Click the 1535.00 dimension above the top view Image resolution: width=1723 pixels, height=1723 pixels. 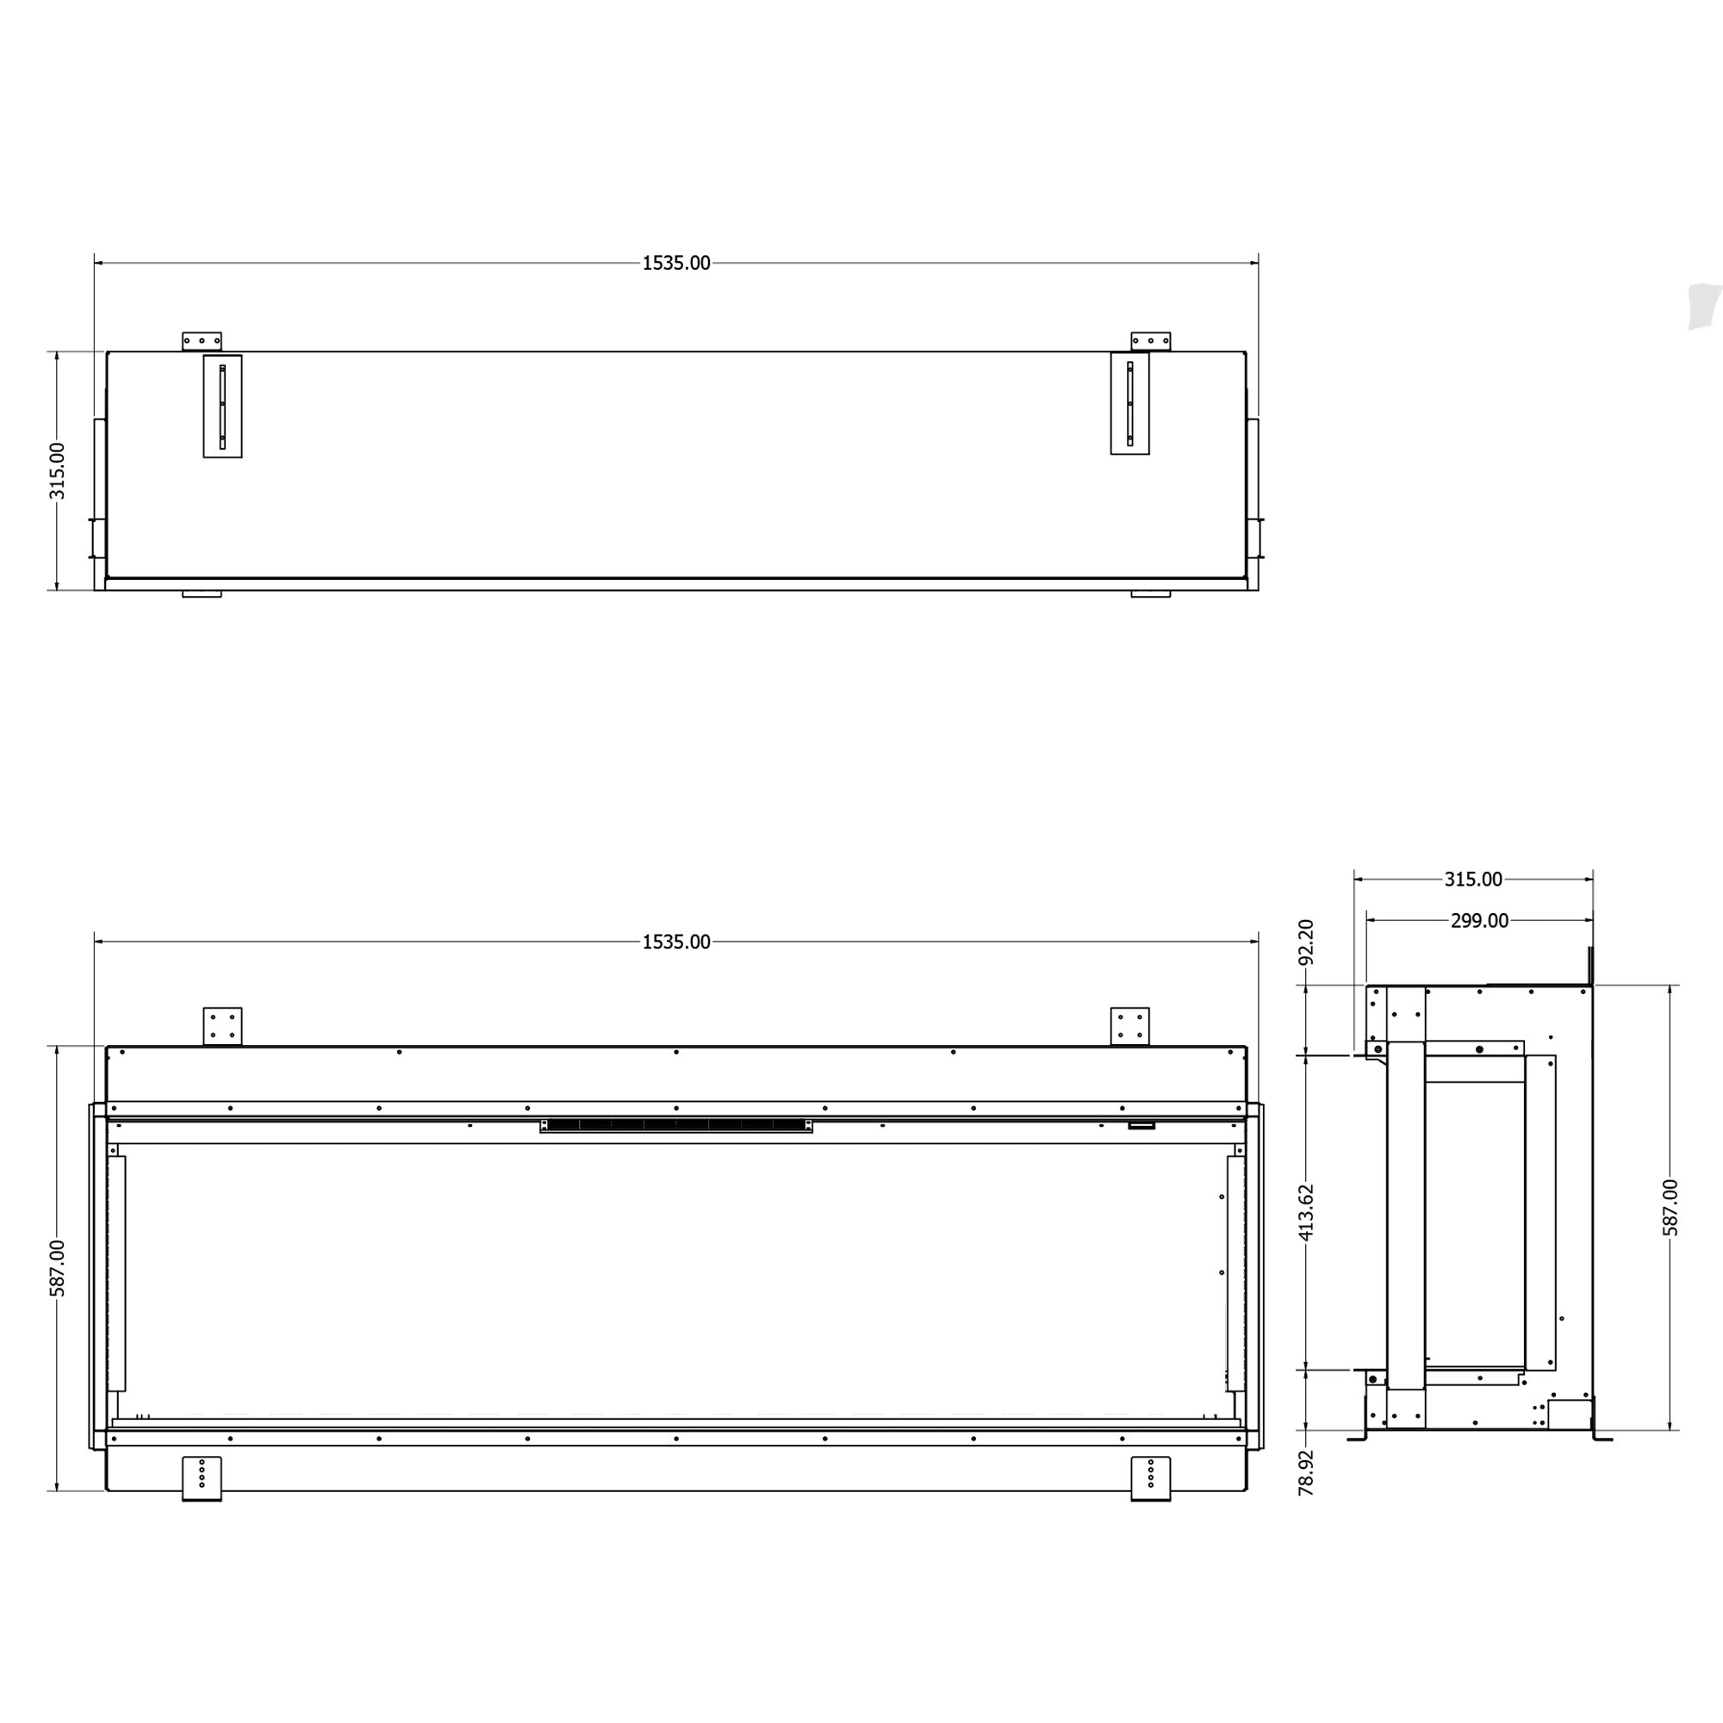(x=676, y=263)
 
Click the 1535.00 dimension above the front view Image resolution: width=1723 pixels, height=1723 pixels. (x=676, y=942)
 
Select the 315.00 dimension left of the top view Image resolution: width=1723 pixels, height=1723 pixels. (x=57, y=470)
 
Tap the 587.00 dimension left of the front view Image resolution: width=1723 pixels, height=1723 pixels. (x=57, y=1267)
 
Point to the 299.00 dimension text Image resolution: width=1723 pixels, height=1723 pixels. (x=1478, y=920)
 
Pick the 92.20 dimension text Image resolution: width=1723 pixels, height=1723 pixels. (x=1306, y=942)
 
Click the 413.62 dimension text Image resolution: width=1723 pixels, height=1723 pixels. (x=1306, y=1212)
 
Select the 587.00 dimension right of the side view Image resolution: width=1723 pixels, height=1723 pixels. (x=1670, y=1208)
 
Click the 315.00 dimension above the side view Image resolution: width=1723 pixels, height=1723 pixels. (x=1472, y=880)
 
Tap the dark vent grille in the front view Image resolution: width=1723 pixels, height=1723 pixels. (x=676, y=1125)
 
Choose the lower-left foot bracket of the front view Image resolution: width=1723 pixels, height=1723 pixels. (x=202, y=1477)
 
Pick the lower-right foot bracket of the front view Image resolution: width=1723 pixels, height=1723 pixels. (x=1150, y=1477)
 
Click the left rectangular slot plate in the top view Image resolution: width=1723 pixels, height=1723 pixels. (x=222, y=406)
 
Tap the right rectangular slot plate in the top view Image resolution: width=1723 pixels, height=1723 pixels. (x=1129, y=403)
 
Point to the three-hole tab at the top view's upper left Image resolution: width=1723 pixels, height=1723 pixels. (x=202, y=340)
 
